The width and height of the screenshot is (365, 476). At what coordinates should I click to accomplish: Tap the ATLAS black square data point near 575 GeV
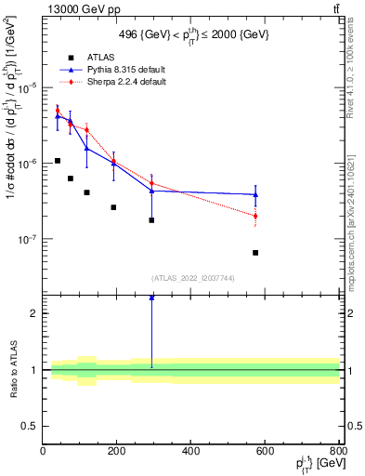coord(255,253)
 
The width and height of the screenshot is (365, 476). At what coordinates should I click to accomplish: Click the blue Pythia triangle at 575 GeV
coord(255,194)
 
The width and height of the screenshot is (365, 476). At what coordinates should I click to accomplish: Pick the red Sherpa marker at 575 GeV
coord(255,216)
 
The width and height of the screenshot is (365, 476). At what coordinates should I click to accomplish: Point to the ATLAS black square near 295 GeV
coord(151,220)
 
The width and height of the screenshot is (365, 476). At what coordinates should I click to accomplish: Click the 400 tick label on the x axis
coord(190,451)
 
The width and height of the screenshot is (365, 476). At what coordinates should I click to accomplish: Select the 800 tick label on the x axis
coord(338,451)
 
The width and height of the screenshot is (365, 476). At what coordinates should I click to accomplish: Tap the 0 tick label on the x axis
coord(43,451)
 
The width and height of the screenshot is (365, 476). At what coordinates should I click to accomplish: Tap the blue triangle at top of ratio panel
coord(151,297)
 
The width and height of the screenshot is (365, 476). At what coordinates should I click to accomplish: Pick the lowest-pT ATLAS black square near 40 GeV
coord(58,161)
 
